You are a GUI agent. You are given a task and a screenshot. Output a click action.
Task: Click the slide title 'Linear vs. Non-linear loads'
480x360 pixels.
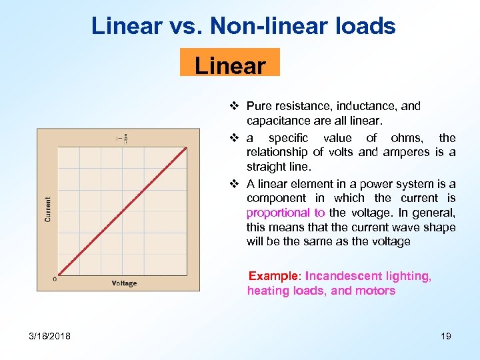[243, 26]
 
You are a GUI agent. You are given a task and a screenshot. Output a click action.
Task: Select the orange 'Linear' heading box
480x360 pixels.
[230, 65]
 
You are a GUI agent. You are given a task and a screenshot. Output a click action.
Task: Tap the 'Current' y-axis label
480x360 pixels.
[48, 209]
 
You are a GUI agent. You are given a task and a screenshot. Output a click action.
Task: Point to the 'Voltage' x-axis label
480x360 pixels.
[124, 283]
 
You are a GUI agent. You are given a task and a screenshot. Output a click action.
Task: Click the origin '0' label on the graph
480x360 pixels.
[54, 279]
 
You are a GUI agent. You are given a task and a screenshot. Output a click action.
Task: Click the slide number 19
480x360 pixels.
[445, 335]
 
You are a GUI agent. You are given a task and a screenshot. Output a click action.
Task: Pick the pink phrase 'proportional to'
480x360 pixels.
[285, 213]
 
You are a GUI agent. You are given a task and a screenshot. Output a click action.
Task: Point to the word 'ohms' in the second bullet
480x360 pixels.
[407, 138]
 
